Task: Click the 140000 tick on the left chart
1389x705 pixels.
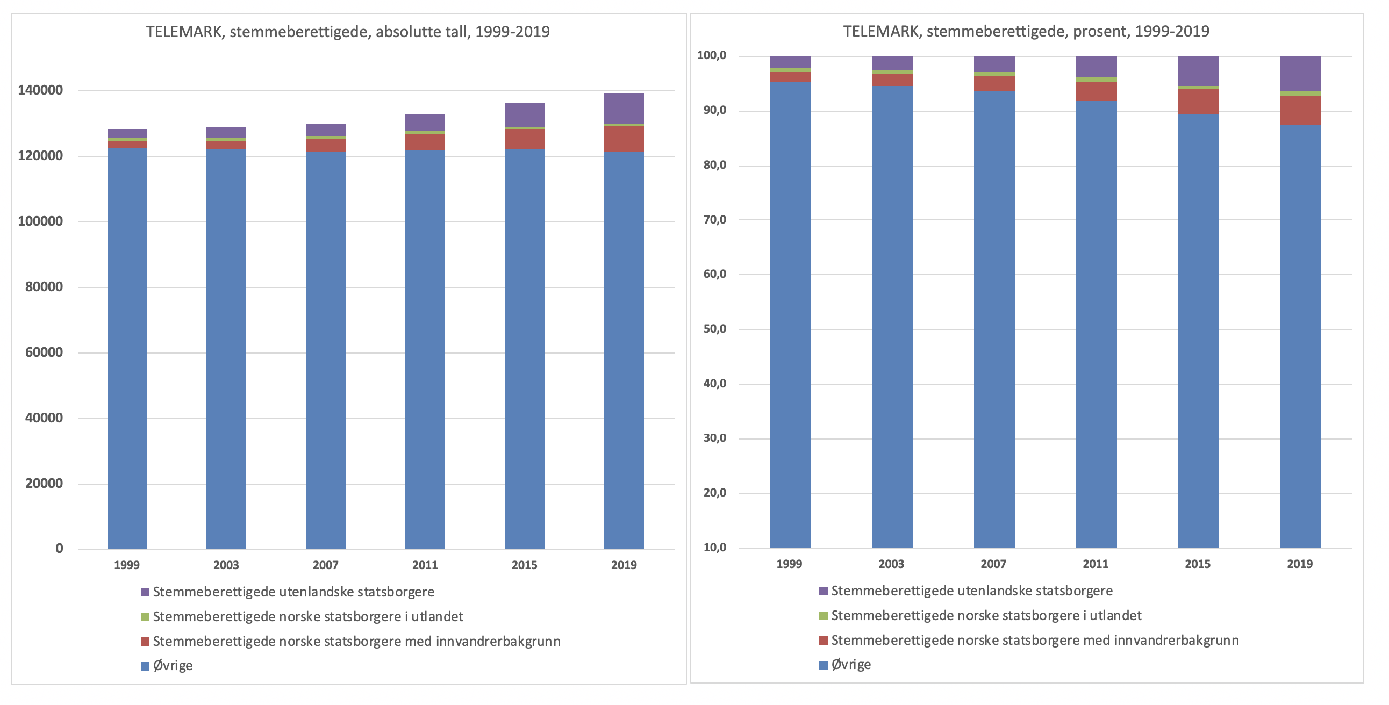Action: coord(40,90)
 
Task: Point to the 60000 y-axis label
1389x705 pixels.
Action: coord(44,352)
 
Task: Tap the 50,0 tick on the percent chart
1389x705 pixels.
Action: coord(714,329)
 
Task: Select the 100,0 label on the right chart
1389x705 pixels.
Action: coord(711,55)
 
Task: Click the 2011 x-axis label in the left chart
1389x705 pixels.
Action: coord(425,565)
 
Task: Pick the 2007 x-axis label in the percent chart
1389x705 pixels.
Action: coord(993,564)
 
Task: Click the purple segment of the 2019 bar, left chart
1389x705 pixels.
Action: coord(624,109)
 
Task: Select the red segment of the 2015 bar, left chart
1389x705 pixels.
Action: coord(525,139)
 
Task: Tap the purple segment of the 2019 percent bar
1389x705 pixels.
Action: coord(1300,73)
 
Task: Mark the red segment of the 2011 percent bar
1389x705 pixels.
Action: coord(1096,92)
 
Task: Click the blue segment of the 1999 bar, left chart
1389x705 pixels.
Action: coord(127,350)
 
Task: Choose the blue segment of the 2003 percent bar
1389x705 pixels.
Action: coord(892,318)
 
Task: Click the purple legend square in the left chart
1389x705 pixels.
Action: coord(145,592)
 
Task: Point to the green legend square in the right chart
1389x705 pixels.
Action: coord(823,615)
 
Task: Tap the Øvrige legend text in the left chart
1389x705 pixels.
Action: coord(173,666)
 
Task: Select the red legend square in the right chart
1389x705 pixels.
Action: coord(823,641)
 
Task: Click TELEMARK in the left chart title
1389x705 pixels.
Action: coord(184,32)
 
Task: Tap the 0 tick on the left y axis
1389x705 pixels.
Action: coord(59,549)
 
